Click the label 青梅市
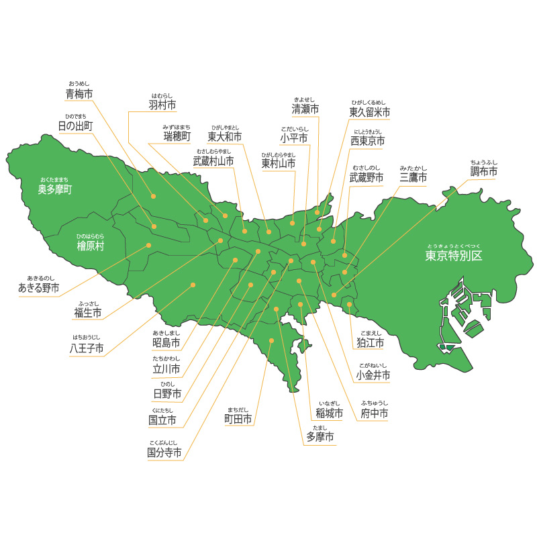[x=79, y=94]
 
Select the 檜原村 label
[x=91, y=246]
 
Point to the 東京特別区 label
[x=454, y=256]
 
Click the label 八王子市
[x=87, y=348]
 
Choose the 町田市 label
[x=238, y=420]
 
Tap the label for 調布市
[x=484, y=173]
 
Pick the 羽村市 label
[x=162, y=105]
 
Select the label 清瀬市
[x=305, y=109]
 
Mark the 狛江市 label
[x=370, y=343]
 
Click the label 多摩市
[x=320, y=437]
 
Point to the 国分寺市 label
[x=164, y=453]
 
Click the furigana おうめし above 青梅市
[x=79, y=83]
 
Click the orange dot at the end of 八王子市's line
[x=193, y=285]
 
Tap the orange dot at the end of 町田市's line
[x=271, y=341]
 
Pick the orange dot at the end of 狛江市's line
[x=350, y=305]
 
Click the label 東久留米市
[x=369, y=111]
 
